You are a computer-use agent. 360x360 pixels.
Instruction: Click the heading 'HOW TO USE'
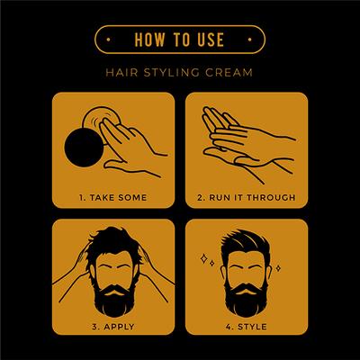pos(179,40)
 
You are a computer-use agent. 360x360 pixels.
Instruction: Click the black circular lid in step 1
pos(85,152)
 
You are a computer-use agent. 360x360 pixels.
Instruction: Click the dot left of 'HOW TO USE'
pos(109,40)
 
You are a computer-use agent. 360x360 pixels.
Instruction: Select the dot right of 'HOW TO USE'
pos(251,40)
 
